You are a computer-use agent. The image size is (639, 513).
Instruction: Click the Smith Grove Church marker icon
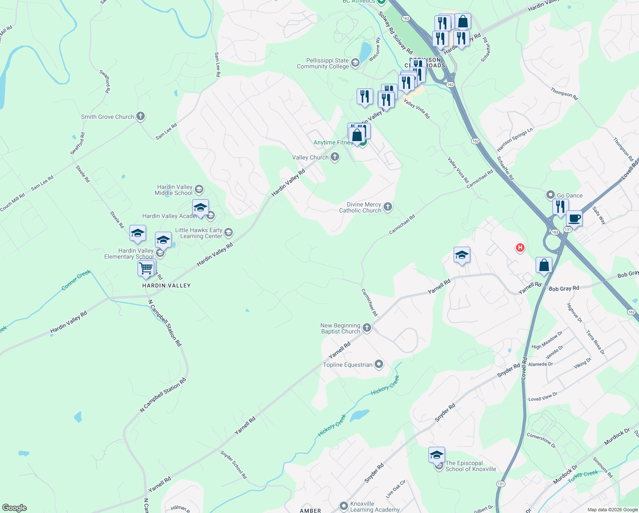(141, 116)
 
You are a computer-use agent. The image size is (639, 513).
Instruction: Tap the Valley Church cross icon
(335, 157)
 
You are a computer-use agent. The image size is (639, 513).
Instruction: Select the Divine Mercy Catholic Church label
(360, 207)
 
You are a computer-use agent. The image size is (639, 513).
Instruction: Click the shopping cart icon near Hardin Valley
(146, 268)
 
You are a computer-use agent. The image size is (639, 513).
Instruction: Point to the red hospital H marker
(520, 248)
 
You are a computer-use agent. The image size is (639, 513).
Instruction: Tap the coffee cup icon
(575, 218)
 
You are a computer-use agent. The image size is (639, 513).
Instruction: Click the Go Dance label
(570, 195)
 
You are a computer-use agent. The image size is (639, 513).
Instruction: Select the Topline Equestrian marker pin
(379, 364)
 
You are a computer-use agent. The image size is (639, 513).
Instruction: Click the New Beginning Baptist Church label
(340, 328)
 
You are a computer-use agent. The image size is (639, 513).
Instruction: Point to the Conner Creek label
(76, 280)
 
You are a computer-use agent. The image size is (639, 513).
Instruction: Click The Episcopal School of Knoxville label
(471, 466)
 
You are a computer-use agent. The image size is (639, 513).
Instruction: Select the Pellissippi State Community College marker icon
(355, 64)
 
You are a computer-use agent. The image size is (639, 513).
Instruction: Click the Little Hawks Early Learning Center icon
(229, 233)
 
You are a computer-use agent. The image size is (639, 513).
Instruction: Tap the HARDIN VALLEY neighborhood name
(166, 286)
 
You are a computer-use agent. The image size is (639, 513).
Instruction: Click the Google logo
(14, 508)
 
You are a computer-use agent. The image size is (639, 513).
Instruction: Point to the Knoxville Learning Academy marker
(344, 506)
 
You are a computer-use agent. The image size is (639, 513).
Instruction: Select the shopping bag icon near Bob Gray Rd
(544, 265)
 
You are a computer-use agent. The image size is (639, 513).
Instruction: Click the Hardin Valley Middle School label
(173, 190)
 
